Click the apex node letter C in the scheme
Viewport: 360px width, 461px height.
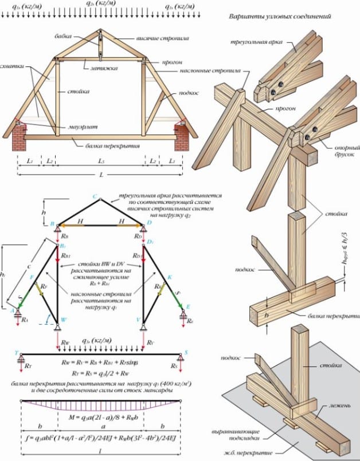click(95, 195)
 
